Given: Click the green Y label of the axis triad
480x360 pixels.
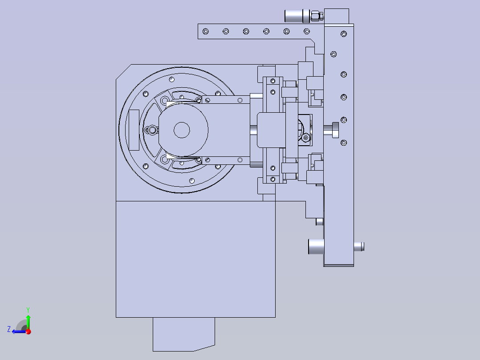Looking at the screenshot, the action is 28,310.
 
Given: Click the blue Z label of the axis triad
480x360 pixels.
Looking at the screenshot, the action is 9,329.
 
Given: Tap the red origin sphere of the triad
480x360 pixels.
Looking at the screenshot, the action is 28,331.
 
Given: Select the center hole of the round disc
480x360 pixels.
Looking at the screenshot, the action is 182,130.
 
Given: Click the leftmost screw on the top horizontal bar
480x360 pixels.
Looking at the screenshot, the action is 206,31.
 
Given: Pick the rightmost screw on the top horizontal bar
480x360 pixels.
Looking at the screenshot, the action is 307,31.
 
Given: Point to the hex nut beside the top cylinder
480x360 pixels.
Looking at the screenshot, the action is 316,16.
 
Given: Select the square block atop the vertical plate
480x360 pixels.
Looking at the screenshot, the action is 337,16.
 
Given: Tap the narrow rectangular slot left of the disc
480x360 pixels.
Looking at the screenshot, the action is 134,130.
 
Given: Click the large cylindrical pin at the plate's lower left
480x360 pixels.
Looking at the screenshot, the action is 316,247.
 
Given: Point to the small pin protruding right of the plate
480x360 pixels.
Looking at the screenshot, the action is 359,247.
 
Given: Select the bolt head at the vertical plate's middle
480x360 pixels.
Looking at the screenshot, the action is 332,130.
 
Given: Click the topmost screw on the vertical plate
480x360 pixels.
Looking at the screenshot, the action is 344,34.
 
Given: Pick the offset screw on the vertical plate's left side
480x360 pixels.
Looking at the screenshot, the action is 334,54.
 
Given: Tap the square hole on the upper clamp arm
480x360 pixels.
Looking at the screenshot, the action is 240,100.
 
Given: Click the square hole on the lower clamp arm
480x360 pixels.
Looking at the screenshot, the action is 240,160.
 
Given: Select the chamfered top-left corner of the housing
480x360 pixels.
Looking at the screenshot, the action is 123,72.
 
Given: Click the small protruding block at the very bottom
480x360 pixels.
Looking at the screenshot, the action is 183,334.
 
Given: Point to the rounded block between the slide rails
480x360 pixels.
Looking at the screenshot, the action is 271,130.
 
